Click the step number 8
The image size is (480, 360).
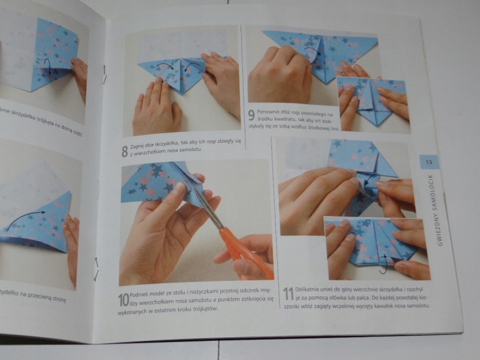(x=124, y=151)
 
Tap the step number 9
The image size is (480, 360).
(x=251, y=115)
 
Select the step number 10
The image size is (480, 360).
(x=123, y=299)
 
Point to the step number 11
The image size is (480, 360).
(x=288, y=293)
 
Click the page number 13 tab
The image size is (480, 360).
(x=428, y=162)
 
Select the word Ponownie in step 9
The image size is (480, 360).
(x=269, y=111)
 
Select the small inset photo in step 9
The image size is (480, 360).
(x=372, y=102)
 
